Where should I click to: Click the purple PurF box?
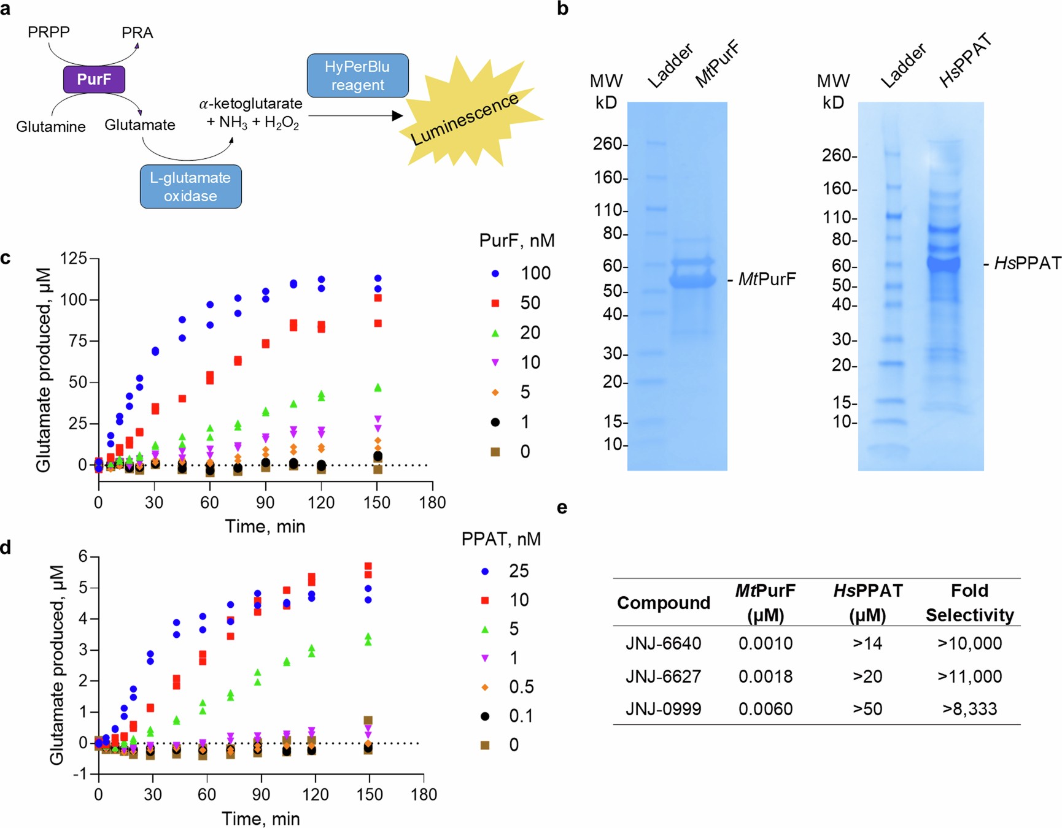coord(94,80)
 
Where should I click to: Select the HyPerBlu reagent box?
coord(357,75)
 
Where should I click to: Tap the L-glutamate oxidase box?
coord(190,186)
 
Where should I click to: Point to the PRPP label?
coord(48,32)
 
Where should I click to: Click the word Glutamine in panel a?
coord(51,127)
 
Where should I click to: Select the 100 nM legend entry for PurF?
coord(522,274)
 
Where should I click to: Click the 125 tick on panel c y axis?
coord(74,259)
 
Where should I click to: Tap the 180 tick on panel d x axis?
coord(424,795)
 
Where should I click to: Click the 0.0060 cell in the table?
coord(765,709)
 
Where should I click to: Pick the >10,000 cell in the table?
coord(969,643)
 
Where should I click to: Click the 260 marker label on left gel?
coord(607,144)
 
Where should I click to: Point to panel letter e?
coord(562,508)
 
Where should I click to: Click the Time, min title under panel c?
coord(265,526)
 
